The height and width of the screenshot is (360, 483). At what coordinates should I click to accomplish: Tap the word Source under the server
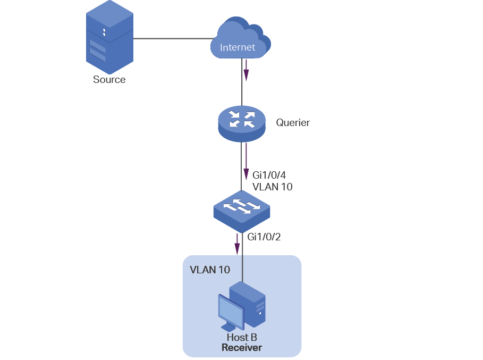pos(109,80)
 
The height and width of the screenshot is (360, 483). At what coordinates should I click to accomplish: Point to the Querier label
pos(293,123)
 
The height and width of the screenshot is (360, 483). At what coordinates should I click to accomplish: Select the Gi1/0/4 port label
pos(269,175)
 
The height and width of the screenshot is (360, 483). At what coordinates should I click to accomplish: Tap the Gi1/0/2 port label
pos(264,237)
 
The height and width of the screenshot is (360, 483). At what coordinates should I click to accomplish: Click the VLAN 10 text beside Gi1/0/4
pos(273,187)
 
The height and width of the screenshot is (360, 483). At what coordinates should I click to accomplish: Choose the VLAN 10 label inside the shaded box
pos(210,270)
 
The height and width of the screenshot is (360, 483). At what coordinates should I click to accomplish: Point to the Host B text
pos(242,338)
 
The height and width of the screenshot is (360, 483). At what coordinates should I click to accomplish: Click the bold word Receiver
pos(242,348)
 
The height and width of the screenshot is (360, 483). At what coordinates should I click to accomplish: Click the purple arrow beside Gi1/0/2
pos(238,241)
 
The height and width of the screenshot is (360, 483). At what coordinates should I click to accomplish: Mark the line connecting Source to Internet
pos(173,38)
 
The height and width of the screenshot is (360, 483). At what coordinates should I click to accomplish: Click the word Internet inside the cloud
pos(238,47)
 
